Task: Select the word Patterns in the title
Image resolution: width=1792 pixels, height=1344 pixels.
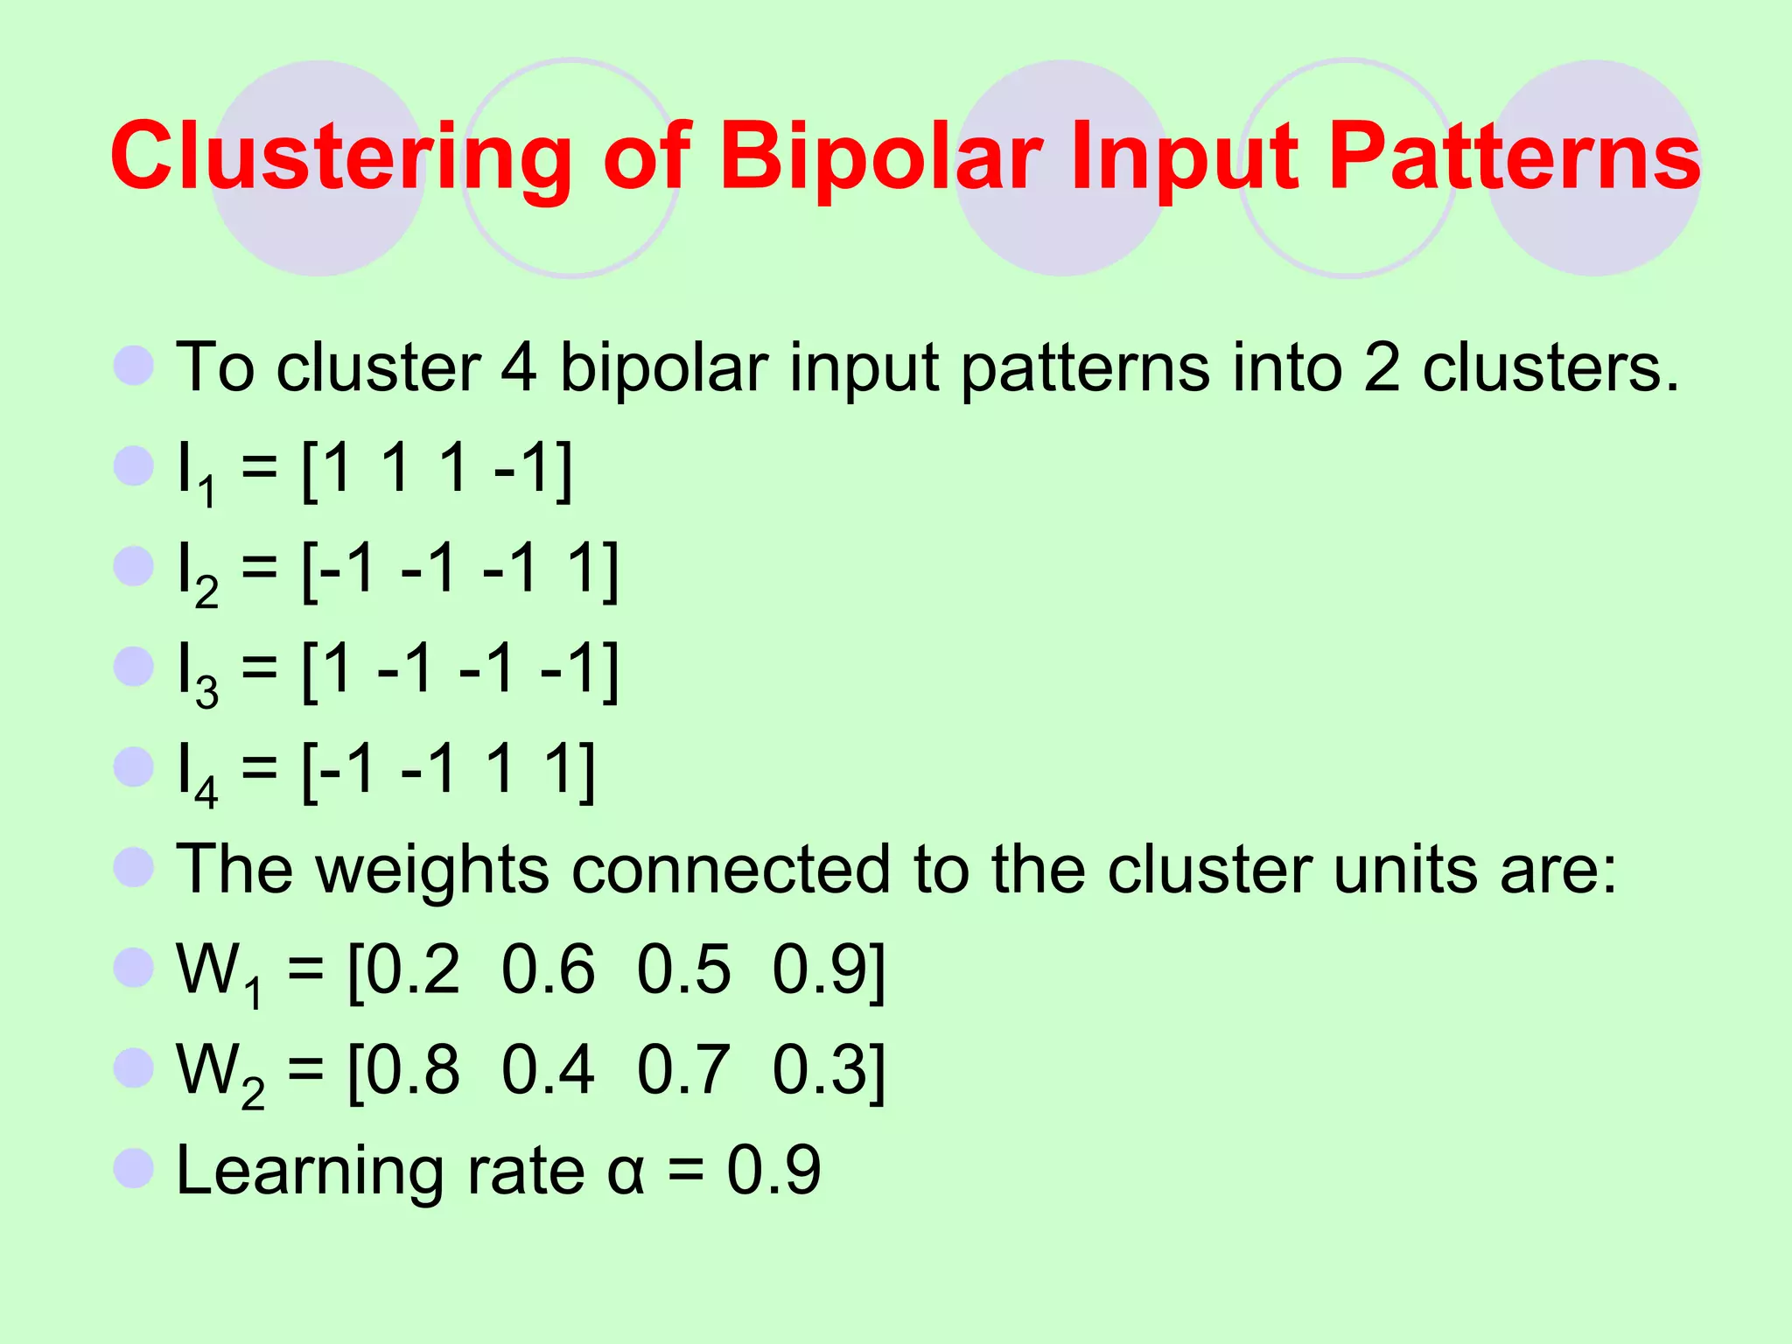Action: click(x=1514, y=157)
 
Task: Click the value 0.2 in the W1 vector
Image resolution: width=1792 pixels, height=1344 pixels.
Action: click(x=412, y=969)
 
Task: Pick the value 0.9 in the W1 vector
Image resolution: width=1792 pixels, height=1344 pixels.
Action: click(x=819, y=969)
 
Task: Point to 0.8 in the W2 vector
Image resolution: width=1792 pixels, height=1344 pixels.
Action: click(x=412, y=1069)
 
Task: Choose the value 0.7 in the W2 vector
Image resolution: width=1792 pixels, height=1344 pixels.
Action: click(x=683, y=1069)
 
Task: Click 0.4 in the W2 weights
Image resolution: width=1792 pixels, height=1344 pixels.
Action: click(x=548, y=1069)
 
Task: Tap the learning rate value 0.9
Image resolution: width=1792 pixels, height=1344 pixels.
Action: click(x=773, y=1169)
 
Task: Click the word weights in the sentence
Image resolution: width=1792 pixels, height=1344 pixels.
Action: click(x=432, y=871)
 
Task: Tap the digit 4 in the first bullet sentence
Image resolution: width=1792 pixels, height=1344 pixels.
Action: click(x=518, y=367)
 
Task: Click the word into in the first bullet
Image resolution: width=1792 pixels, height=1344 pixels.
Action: click(x=1287, y=367)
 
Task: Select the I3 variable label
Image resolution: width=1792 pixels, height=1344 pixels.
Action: click(x=197, y=674)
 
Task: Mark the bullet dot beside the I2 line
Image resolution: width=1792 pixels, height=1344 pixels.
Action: click(x=134, y=566)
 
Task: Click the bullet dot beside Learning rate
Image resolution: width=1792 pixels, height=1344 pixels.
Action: click(x=134, y=1168)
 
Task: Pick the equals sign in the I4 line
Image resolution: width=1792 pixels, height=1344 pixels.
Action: click(x=259, y=770)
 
